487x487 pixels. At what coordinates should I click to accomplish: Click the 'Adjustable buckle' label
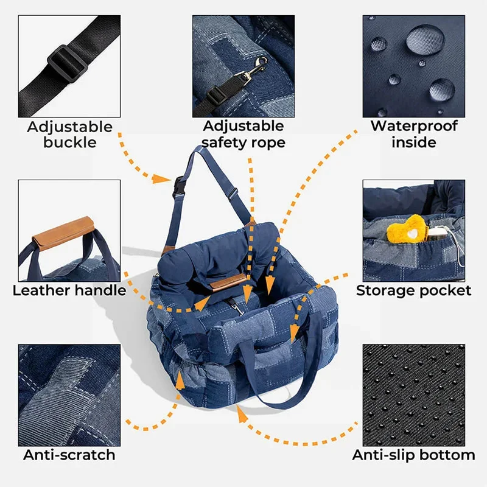coord(69,135)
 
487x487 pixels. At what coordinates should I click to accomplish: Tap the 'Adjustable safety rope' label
coord(243,135)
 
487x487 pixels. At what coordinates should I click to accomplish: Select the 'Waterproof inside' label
coord(414,135)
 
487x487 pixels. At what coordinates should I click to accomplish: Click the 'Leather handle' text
coord(69,290)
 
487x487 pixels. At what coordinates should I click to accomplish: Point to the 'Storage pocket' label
coord(414,290)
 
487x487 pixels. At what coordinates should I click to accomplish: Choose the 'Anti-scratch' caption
coord(69,455)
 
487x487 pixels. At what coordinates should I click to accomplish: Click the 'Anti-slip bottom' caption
coord(414,455)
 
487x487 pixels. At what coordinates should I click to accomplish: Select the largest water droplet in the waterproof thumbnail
coord(425,40)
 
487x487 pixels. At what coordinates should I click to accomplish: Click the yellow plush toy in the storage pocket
coord(406,231)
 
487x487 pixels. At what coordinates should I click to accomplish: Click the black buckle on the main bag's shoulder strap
coord(178,186)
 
